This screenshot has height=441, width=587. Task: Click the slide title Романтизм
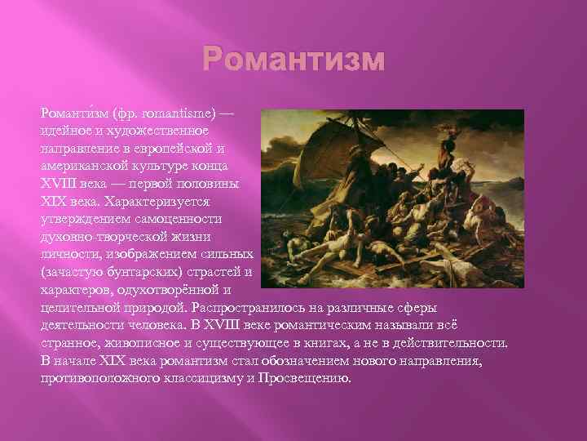292,60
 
